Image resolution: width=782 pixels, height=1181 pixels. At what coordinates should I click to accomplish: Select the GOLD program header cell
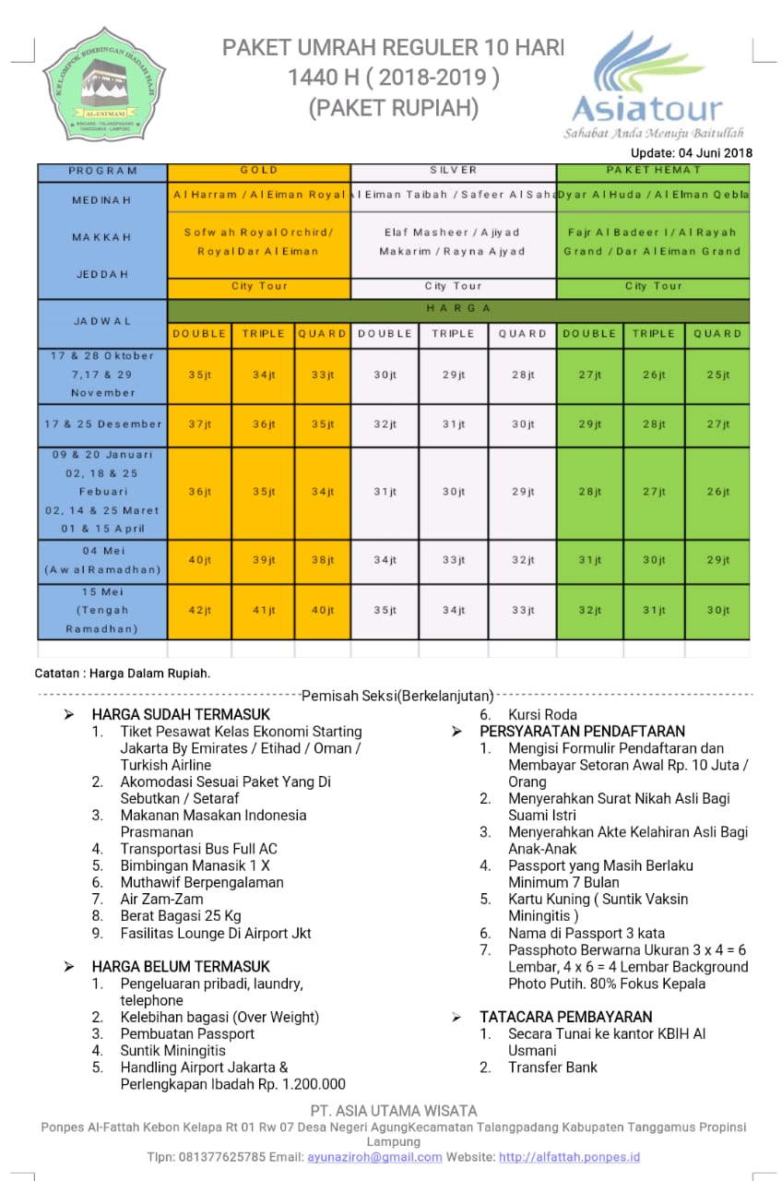point(259,171)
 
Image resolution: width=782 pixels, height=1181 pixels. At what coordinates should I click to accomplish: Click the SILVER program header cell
point(454,171)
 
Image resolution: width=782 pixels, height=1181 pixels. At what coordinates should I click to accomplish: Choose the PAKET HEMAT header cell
point(654,171)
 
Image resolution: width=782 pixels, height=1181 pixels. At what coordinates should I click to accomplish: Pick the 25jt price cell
point(717,375)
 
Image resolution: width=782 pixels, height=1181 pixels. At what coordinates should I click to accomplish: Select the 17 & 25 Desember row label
point(102,424)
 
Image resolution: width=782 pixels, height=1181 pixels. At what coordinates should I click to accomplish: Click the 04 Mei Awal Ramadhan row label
point(102,560)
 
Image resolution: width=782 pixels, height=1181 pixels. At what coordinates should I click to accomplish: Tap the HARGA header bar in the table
point(458,309)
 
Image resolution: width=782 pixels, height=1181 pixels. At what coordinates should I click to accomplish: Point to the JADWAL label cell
point(102,321)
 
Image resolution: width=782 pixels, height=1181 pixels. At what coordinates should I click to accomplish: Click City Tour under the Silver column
point(454,287)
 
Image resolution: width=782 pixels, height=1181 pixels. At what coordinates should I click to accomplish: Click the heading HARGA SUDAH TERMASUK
point(181,714)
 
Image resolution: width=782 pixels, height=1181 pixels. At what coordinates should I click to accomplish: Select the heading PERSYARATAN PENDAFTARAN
point(582,732)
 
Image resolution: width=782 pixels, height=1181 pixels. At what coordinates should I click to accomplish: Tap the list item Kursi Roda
point(542,714)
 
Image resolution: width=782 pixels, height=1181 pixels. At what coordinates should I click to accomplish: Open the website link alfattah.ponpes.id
point(569,1156)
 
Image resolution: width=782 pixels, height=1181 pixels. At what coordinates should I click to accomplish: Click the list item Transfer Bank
point(552,1067)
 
